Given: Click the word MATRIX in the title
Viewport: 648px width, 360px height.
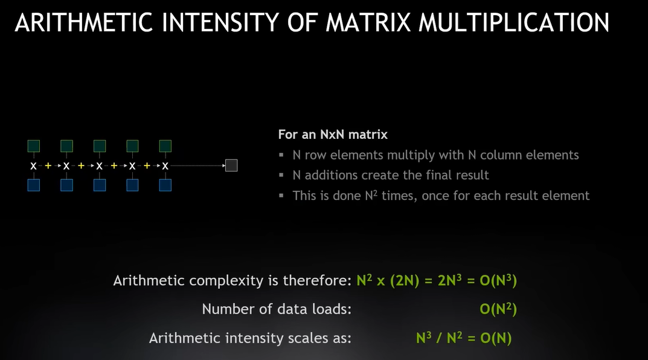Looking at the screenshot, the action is tap(368, 22).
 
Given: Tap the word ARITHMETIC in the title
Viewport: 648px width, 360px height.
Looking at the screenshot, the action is tap(83, 22).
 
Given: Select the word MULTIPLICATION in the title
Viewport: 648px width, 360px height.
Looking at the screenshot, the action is tap(514, 22).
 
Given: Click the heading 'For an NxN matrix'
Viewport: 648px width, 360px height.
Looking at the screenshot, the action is tap(333, 134).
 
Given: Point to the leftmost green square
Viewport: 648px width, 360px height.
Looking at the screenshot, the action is tap(33, 146).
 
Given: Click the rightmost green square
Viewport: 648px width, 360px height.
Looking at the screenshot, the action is tap(165, 146).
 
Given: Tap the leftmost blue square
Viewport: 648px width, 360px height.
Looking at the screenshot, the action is tap(33, 185).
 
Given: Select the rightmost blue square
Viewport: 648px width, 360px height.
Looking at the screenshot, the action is tap(165, 185).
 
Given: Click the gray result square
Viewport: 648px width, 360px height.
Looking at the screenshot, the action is tap(231, 166).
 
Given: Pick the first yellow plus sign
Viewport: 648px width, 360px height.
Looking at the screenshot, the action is tap(48, 166).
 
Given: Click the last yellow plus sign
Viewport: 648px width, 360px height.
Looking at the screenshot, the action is tap(147, 166).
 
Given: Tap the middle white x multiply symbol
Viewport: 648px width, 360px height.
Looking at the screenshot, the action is tap(99, 166).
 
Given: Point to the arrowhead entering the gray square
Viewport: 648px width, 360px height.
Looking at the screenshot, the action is tap(223, 166).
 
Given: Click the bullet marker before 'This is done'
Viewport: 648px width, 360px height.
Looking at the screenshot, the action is tap(281, 196).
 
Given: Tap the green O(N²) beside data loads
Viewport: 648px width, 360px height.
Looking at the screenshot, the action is tap(498, 309).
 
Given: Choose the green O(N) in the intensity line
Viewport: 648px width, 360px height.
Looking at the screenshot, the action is tap(496, 338).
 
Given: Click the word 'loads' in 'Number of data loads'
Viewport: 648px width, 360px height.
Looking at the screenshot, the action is tap(331, 309).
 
